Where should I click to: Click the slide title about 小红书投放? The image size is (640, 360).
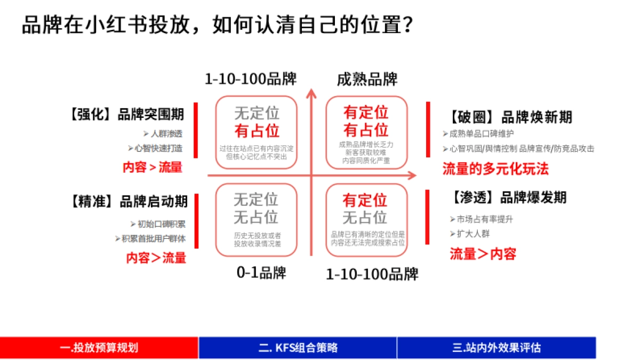218,25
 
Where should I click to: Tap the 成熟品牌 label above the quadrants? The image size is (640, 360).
367,79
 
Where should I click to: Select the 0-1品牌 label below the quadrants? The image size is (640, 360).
261,273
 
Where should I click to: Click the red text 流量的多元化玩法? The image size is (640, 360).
495,169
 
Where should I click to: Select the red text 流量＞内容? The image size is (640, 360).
483,254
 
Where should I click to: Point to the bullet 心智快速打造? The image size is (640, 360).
158,148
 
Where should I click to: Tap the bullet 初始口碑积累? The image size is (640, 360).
161,224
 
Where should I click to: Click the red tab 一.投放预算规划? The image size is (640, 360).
99,348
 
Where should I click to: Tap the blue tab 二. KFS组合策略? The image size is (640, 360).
298,348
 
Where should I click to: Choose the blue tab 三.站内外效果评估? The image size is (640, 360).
496,348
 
